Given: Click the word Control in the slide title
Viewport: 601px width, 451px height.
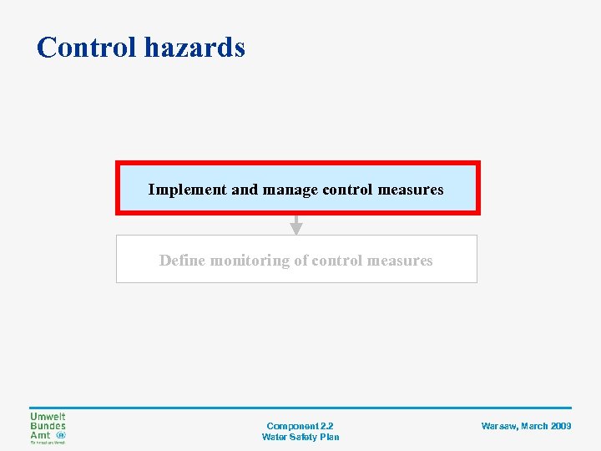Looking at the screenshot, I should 87,47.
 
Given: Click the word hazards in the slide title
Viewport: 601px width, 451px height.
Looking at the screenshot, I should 194,47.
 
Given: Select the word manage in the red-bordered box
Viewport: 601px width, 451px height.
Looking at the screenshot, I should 290,190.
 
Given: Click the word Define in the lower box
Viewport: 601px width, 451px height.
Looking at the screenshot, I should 182,261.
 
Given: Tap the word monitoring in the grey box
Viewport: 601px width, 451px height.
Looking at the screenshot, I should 249,261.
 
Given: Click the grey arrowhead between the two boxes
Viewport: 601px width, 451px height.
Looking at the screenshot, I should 295,228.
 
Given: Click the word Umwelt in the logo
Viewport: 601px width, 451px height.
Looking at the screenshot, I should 48,417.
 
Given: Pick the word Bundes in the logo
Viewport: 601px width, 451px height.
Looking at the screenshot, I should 48,426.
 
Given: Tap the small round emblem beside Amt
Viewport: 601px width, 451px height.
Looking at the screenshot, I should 61,435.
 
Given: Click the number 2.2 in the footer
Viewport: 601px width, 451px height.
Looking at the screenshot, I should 326,426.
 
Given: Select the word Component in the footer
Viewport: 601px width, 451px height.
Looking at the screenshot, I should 291,426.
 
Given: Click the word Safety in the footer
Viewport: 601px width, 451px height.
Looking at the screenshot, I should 304,437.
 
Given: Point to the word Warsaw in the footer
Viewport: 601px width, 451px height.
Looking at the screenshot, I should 498,426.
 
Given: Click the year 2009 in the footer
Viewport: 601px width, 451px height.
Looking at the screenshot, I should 561,426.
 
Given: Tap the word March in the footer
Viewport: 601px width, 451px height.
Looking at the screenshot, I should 534,426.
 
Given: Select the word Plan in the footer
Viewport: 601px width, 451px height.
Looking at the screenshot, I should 330,437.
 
